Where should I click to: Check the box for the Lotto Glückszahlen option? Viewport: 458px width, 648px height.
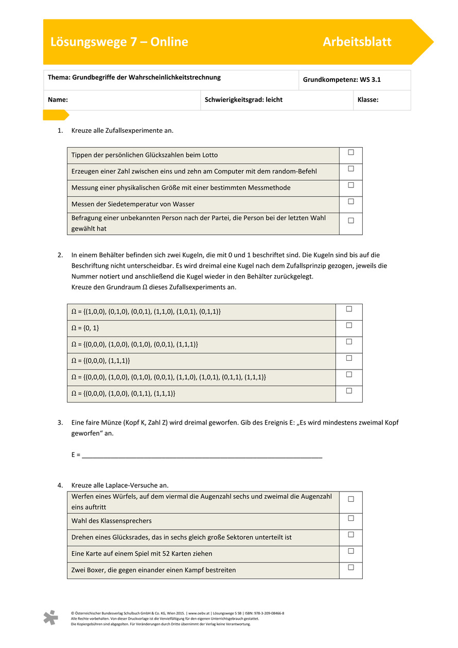click(x=351, y=152)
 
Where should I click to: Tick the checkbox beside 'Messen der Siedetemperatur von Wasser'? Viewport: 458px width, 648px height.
click(x=351, y=202)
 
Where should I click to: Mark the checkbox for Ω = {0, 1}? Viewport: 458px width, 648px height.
click(x=349, y=325)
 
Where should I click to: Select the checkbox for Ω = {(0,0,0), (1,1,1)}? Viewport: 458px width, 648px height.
click(x=349, y=358)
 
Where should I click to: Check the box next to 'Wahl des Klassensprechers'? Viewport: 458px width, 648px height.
click(x=351, y=518)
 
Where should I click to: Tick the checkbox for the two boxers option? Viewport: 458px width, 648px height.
click(x=351, y=567)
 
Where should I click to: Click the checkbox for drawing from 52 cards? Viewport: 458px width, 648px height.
click(x=351, y=551)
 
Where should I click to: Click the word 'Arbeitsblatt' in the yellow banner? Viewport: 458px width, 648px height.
click(x=357, y=42)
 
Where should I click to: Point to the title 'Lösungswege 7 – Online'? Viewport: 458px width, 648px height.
click(x=119, y=42)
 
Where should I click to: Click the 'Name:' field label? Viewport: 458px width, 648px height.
click(x=58, y=100)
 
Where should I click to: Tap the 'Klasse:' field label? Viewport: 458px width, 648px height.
click(x=368, y=100)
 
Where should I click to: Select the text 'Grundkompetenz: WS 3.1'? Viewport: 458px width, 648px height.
click(x=342, y=80)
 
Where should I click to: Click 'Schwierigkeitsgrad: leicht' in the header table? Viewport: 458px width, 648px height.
click(x=243, y=100)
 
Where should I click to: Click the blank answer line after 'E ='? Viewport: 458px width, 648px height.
click(x=202, y=455)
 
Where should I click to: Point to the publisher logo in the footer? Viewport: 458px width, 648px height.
click(x=50, y=617)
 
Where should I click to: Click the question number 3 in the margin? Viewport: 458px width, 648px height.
click(x=60, y=423)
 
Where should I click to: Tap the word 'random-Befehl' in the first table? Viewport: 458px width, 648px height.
click(x=296, y=171)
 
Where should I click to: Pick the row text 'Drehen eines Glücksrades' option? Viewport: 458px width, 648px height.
click(x=181, y=537)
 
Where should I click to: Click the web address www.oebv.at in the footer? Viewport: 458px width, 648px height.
click(x=199, y=614)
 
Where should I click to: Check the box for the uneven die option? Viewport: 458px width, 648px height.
click(x=351, y=499)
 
